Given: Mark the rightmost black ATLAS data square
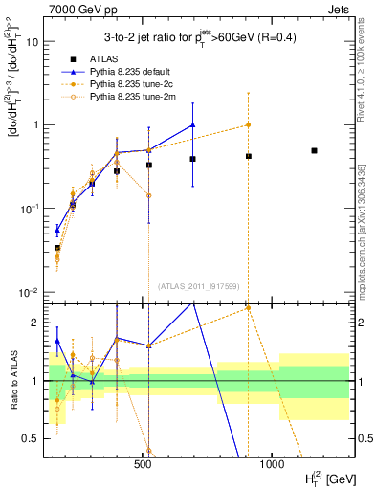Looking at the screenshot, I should (314, 150).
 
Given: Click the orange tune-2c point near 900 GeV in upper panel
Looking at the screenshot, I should (248, 124).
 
